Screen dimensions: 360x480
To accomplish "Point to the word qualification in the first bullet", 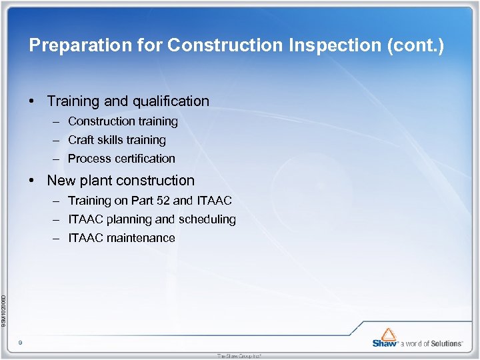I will (169, 101).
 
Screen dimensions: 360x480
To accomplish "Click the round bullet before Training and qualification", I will (31, 102).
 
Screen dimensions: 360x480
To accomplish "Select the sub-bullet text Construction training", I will (123, 121).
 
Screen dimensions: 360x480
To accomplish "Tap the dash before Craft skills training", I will (54, 141).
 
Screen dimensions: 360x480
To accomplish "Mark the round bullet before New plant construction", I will (31, 181).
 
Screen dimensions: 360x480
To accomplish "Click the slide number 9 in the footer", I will (21, 342).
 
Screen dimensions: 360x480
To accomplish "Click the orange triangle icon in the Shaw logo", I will (389, 333).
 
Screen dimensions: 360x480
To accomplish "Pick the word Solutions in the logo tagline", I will (446, 343).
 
